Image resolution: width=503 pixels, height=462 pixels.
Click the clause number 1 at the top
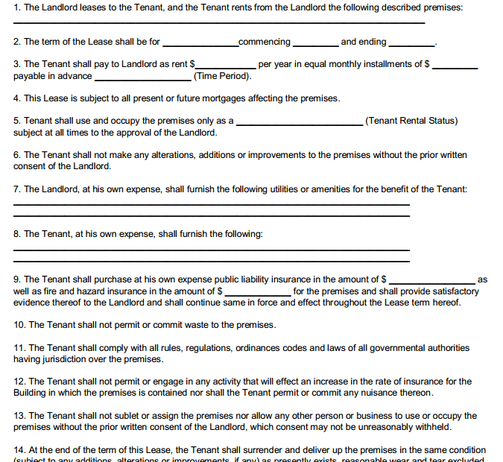click(16, 7)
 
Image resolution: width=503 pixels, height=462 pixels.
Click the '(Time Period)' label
click(222, 76)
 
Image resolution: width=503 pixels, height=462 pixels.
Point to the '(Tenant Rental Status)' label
click(411, 121)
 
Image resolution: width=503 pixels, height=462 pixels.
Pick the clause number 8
click(16, 234)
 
